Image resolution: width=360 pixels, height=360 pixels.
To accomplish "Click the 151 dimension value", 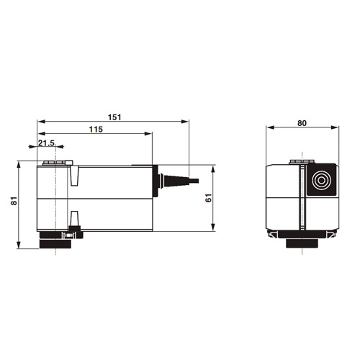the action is [x=114, y=117].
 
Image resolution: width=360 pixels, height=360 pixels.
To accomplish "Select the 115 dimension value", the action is [x=96, y=130].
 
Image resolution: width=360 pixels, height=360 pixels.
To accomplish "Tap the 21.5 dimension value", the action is [x=46, y=143].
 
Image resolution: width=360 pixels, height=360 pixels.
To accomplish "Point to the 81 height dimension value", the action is [x=14, y=201].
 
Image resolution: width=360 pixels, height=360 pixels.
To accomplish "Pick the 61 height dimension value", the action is [x=209, y=198].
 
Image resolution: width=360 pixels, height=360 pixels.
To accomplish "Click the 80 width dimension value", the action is [x=302, y=123].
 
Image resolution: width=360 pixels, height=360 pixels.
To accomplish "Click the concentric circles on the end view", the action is [x=321, y=180].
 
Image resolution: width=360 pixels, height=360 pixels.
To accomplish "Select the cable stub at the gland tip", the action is [x=194, y=181].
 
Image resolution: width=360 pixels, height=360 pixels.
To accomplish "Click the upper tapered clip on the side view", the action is [x=74, y=176].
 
